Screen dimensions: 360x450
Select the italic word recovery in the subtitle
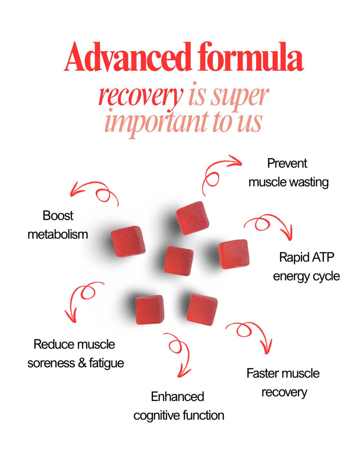(141, 96)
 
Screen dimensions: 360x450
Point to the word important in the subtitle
(157, 122)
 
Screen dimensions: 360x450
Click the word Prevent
(287, 163)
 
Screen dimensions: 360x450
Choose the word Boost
(58, 216)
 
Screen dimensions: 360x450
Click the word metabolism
(58, 234)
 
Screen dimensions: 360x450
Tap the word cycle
(326, 276)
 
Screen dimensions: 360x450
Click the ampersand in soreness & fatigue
(82, 363)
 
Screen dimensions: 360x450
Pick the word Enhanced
(177, 396)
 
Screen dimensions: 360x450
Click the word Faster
(263, 373)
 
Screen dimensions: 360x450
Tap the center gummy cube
(179, 261)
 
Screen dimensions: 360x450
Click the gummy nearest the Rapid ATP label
(234, 254)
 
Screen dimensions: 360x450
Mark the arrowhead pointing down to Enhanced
(184, 373)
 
